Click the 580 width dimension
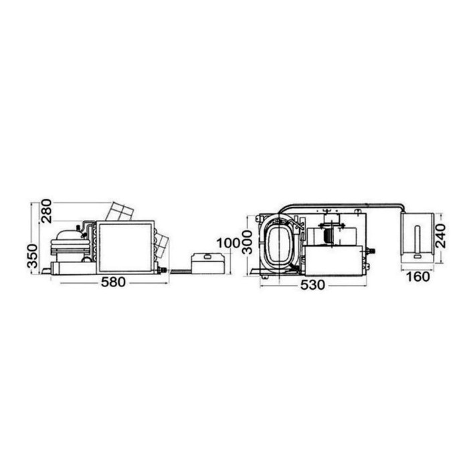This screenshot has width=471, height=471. pos(113,282)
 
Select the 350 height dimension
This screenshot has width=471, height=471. pos(32,256)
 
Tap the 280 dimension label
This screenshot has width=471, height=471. pos(46,211)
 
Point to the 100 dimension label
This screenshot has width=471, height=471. pos(228,243)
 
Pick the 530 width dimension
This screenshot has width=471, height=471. pos(312,285)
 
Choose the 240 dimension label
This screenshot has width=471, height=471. pos(440,235)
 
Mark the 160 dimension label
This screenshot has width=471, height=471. pos(417,277)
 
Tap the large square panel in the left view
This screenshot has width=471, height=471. pos(125,247)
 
